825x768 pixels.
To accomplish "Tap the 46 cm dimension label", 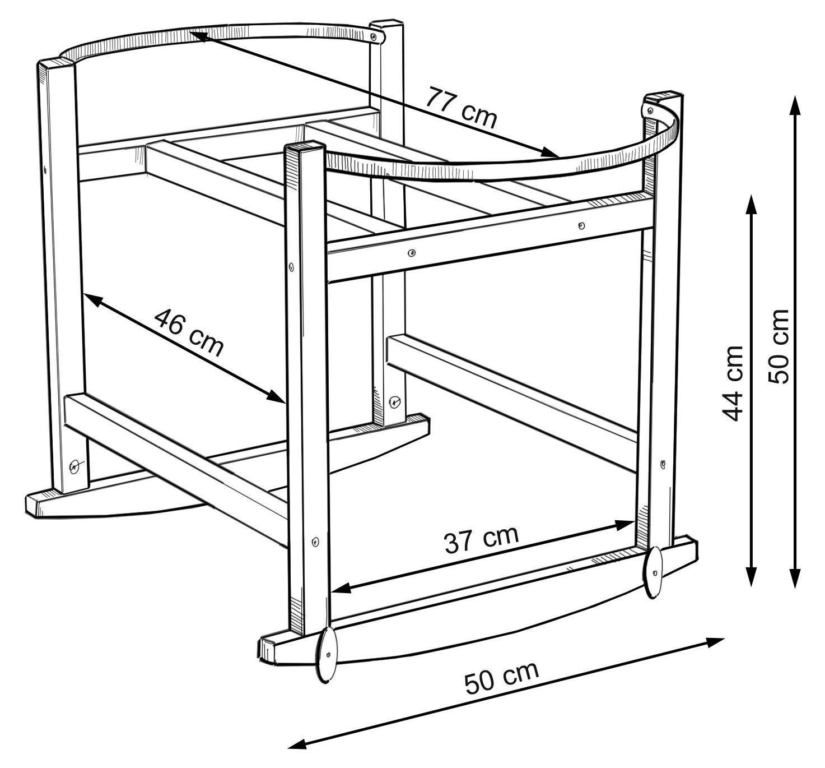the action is pyautogui.click(x=189, y=332).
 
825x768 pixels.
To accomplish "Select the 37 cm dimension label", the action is pyautogui.click(x=482, y=539).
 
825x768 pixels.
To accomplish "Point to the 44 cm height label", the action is pyautogui.click(x=733, y=383).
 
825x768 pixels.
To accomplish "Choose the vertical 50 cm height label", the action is pyautogui.click(x=778, y=347).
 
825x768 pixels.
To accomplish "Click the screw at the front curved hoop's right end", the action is pyautogui.click(x=650, y=111).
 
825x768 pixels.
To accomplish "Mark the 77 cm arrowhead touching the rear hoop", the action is pyautogui.click(x=199, y=36).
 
